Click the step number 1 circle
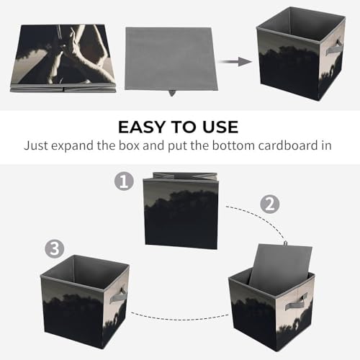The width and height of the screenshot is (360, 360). pyautogui.click(x=124, y=181)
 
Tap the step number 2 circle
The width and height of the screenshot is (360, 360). pyautogui.click(x=270, y=204)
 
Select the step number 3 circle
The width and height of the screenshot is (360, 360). pyautogui.click(x=55, y=248)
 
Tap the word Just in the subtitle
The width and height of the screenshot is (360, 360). pyautogui.click(x=35, y=145)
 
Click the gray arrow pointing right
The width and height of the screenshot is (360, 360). pyautogui.click(x=235, y=62)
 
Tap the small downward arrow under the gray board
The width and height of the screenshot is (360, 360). pyautogui.click(x=171, y=93)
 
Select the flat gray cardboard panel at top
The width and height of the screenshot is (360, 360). pyautogui.click(x=171, y=59)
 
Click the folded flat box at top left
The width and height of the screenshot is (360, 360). pyautogui.click(x=63, y=58)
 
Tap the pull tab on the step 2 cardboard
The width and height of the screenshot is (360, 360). pyautogui.click(x=286, y=243)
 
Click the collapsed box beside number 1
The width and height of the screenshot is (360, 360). pyautogui.click(x=181, y=211)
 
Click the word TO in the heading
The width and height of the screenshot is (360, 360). pyautogui.click(x=184, y=127)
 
